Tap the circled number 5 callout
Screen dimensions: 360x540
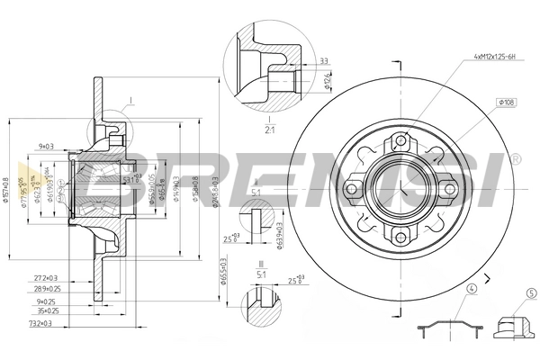click(x=531, y=291)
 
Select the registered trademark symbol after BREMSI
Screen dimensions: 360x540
click(x=514, y=159)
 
